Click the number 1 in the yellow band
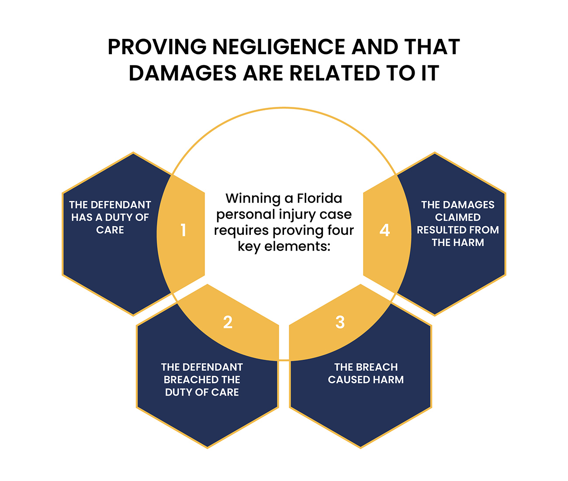[184, 230]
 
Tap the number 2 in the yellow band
[228, 322]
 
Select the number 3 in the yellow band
[340, 322]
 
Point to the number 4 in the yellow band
[384, 230]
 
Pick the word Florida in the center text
[319, 198]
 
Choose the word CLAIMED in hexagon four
[457, 217]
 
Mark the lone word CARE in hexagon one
[110, 230]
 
